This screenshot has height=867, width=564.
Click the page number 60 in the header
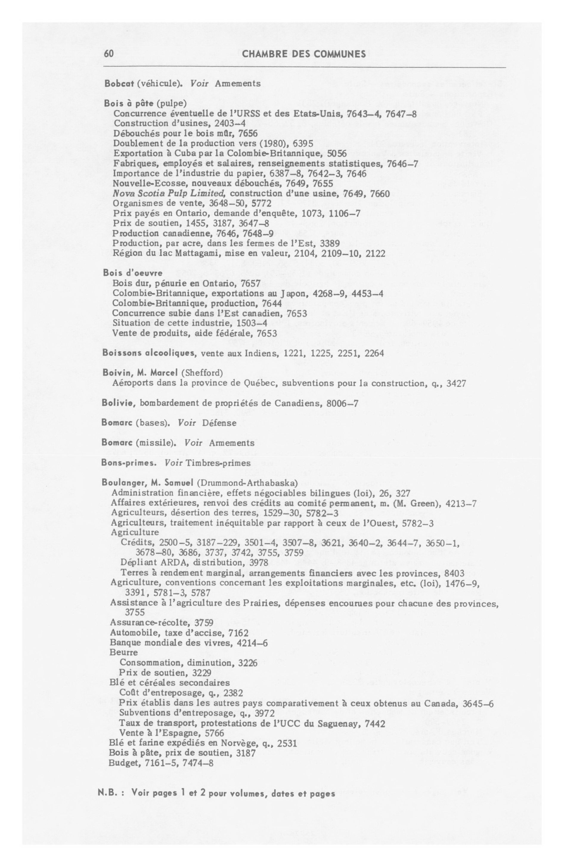tap(109, 54)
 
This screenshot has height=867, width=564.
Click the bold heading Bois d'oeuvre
tap(133, 273)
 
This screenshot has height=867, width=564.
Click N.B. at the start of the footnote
tap(107, 793)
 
